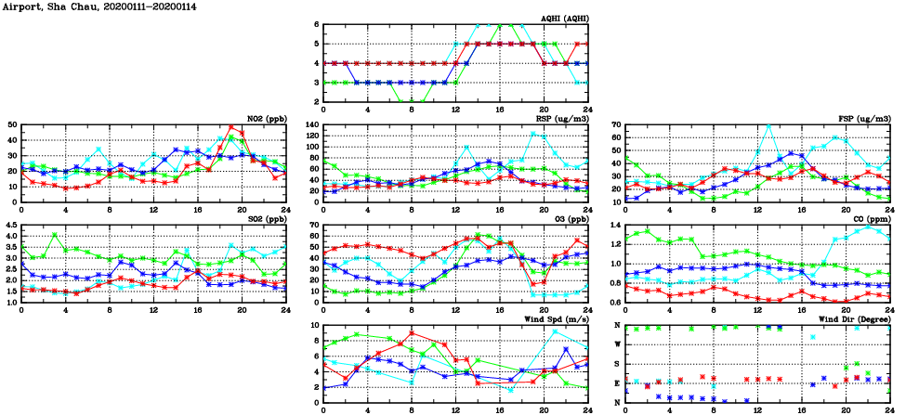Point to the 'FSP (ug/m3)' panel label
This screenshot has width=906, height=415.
tap(864, 118)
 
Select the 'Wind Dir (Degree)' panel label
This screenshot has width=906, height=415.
tap(854, 318)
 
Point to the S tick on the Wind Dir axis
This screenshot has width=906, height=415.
tap(618, 363)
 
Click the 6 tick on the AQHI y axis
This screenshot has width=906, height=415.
tap(316, 24)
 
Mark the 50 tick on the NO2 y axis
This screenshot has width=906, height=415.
tap(12, 124)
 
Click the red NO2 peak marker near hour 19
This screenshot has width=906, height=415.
tap(231, 127)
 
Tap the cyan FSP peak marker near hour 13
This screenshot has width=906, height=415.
tap(768, 126)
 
